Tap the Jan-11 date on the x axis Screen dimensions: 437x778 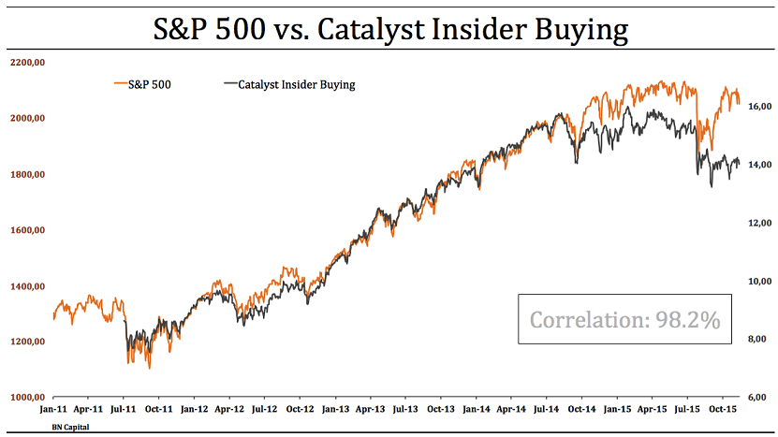click(53, 410)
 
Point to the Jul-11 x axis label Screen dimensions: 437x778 click(124, 410)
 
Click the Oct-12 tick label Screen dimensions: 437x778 click(300, 410)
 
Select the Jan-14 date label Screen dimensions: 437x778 click(477, 410)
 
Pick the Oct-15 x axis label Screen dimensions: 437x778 click(723, 410)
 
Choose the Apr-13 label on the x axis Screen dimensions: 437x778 click(371, 410)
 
